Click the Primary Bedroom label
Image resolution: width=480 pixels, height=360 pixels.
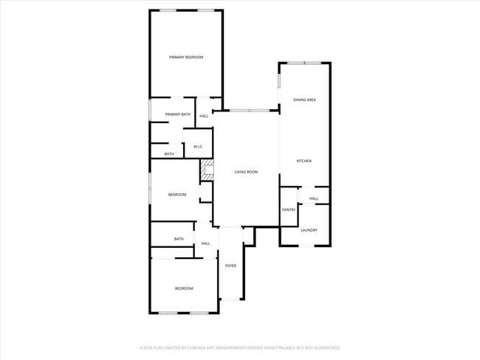(x=185, y=57)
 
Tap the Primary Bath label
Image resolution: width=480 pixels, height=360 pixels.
(x=178, y=114)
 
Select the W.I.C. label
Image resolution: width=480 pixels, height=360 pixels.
(x=199, y=147)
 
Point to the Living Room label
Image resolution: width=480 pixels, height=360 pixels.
(x=246, y=172)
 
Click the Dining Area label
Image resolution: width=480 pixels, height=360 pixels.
(x=305, y=99)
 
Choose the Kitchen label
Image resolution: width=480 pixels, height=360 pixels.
(x=304, y=161)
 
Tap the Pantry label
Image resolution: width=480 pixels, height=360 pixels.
(x=289, y=210)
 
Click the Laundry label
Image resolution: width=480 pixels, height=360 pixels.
(x=309, y=229)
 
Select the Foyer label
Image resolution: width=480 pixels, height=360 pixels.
(x=230, y=266)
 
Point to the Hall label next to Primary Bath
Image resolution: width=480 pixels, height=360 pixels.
(x=204, y=116)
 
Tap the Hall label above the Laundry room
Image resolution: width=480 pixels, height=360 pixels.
(x=314, y=198)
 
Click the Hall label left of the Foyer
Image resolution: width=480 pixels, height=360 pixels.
(x=205, y=243)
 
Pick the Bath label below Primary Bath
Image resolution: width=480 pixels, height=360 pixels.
(x=169, y=154)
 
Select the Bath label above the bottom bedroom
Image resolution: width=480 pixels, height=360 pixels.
(x=179, y=239)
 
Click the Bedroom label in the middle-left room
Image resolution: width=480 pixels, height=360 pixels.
(x=177, y=195)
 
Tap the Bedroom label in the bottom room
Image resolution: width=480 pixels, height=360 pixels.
(x=184, y=288)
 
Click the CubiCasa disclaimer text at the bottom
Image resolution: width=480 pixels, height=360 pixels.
(x=240, y=347)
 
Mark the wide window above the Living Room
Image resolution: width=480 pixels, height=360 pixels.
(x=249, y=111)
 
